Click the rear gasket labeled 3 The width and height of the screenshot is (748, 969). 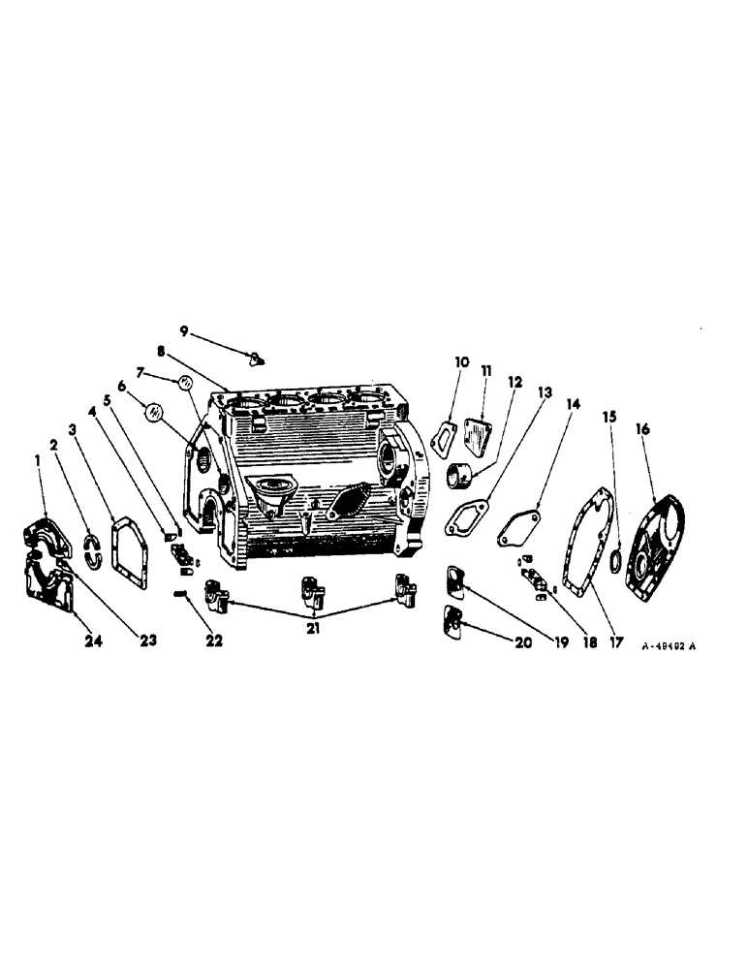128,551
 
